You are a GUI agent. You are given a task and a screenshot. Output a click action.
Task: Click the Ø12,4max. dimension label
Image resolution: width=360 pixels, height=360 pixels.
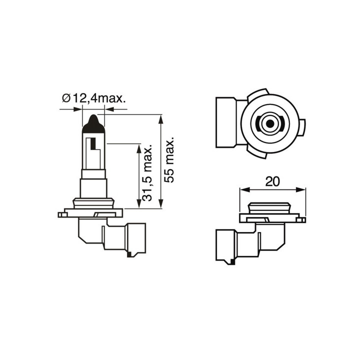(94, 98)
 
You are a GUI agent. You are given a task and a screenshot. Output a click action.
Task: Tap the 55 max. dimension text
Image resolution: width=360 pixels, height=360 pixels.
(169, 160)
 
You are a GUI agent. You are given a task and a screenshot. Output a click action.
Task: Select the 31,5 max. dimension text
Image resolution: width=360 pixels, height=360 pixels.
(147, 173)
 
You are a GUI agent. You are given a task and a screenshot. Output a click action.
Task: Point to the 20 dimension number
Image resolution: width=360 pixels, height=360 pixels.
(272, 181)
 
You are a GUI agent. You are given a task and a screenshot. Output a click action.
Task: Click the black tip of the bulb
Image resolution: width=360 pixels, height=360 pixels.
(93, 124)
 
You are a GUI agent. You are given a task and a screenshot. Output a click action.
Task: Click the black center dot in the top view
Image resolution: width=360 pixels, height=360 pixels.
(270, 124)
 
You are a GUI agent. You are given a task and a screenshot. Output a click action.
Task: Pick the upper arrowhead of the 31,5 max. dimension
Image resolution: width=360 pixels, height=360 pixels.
(138, 149)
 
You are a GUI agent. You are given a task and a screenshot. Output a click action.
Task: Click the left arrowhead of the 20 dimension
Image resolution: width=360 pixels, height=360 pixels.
(244, 189)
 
